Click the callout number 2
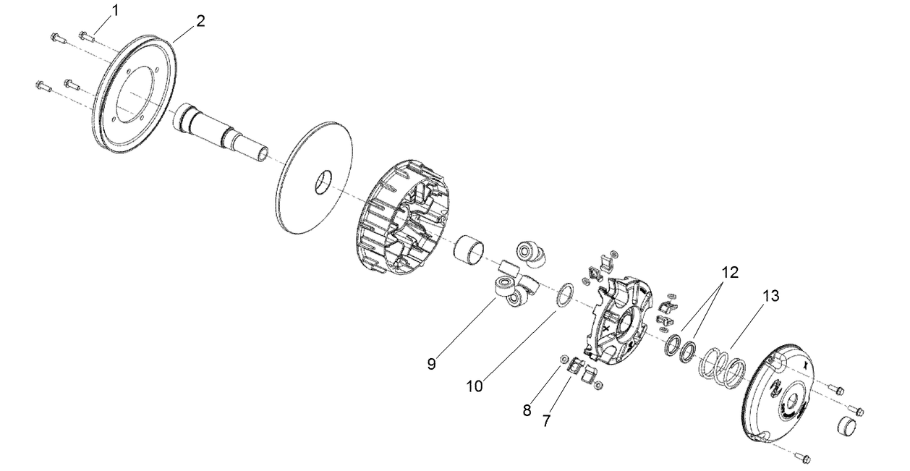tap(200, 20)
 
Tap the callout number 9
tap(431, 364)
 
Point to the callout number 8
tap(527, 410)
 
